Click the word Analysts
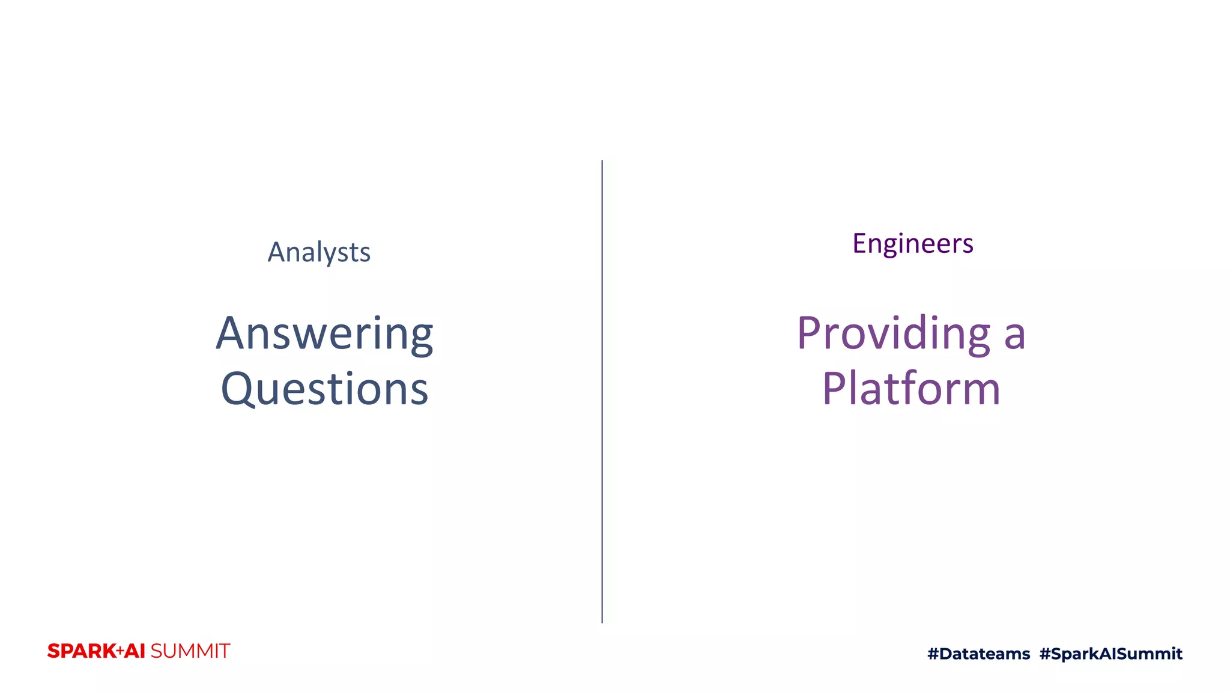point(319,252)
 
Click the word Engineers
point(912,243)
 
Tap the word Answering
point(324,334)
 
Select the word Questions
point(324,389)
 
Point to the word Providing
point(893,334)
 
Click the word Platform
point(911,389)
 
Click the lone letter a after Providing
point(1014,336)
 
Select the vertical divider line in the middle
point(602,390)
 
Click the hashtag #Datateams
point(978,654)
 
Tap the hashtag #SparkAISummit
point(1110,654)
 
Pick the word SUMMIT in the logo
point(190,651)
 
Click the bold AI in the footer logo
point(135,651)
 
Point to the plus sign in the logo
point(120,651)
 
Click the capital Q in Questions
point(240,389)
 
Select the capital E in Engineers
point(860,243)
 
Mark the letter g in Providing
point(976,339)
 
